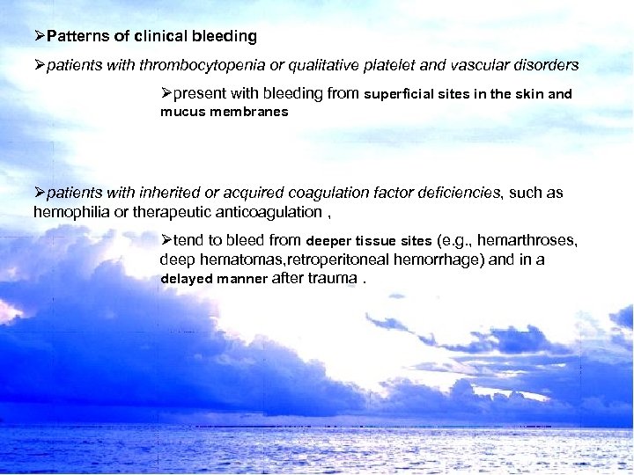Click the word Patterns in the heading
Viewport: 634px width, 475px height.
point(74,37)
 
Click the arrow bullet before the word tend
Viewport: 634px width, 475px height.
point(166,239)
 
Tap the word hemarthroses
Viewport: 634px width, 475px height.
point(529,240)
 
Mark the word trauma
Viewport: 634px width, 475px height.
point(332,279)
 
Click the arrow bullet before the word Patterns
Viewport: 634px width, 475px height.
point(39,37)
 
